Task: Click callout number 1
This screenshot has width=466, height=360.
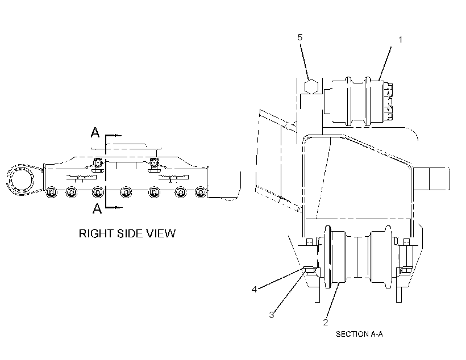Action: click(400, 40)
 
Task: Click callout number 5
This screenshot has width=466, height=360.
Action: click(300, 37)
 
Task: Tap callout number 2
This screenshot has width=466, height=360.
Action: click(326, 322)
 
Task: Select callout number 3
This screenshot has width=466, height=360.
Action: click(271, 315)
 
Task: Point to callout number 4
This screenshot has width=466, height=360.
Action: click(254, 290)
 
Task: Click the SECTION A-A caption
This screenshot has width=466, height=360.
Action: click(359, 334)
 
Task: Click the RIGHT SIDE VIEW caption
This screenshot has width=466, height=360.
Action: click(127, 233)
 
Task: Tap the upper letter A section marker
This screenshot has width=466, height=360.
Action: click(95, 132)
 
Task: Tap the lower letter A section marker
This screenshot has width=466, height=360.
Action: click(97, 208)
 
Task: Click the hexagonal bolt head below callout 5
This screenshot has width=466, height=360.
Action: click(311, 86)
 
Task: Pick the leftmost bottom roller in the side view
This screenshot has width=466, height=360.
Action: click(51, 192)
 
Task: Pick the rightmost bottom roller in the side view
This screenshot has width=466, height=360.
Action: click(201, 192)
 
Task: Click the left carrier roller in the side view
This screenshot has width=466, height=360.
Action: click(98, 164)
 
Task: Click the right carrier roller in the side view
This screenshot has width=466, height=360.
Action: click(154, 164)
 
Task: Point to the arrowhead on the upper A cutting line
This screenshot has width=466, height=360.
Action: click(118, 136)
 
